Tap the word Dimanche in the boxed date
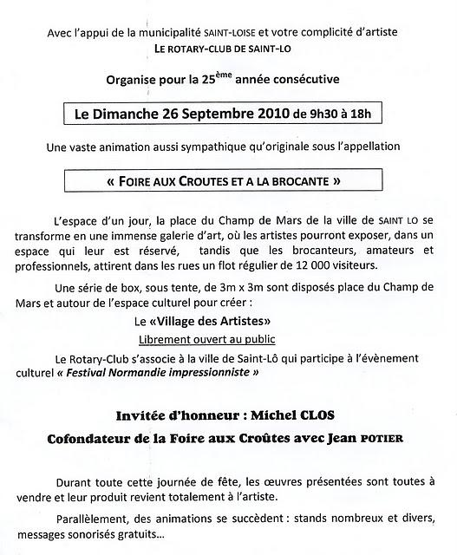(x=147, y=114)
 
